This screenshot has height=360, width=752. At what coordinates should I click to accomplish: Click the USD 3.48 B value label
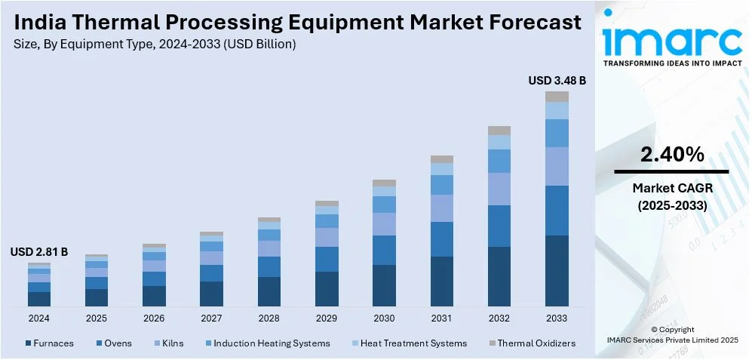(557, 80)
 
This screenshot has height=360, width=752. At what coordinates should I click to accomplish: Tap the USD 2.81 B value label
(39, 252)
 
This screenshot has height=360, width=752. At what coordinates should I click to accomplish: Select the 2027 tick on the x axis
(211, 318)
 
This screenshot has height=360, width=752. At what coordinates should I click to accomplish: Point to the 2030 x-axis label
(384, 318)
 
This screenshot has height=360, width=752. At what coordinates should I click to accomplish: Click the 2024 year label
(39, 318)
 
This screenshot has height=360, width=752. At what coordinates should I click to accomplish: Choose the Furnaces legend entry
(49, 343)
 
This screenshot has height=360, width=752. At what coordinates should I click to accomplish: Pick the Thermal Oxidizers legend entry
(536, 343)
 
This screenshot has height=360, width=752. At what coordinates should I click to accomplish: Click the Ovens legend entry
(117, 343)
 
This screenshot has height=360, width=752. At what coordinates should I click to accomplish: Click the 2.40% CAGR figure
(672, 155)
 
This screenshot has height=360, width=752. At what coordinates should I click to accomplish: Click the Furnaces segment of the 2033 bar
(557, 270)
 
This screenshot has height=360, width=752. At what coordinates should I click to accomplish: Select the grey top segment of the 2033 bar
(557, 97)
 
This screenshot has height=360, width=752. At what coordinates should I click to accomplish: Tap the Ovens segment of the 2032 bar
(499, 226)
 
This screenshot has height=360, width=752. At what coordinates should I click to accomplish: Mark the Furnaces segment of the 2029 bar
(327, 288)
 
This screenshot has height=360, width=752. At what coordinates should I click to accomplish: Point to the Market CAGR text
(672, 187)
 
